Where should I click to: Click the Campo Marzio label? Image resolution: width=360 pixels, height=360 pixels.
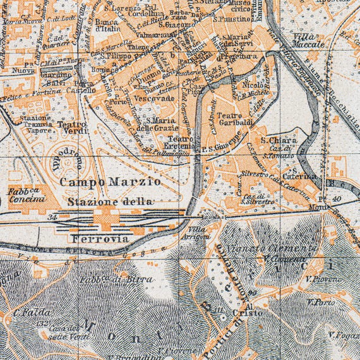coord(110,181)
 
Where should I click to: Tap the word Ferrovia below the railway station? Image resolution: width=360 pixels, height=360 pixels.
coord(100,239)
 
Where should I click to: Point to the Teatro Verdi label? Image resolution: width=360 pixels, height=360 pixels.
coord(71,129)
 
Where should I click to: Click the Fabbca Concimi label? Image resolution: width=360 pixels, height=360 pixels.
coord(27,194)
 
